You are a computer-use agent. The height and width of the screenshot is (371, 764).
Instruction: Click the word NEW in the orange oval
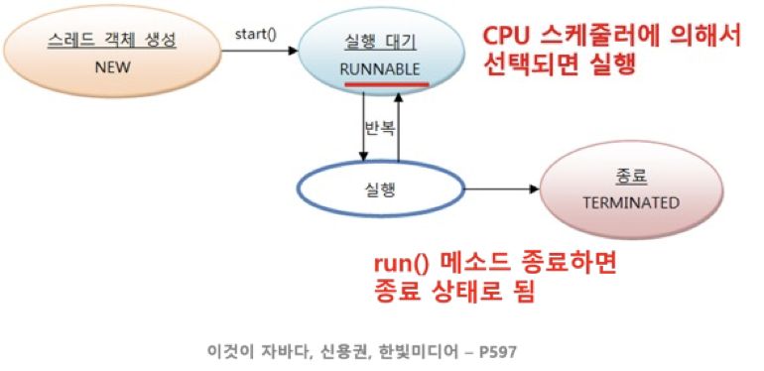coord(112,69)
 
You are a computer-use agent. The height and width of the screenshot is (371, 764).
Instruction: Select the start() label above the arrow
coord(255,35)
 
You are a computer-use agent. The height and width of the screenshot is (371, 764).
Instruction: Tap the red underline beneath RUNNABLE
coord(387,84)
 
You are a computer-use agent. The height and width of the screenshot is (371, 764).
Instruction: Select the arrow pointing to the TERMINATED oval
coord(501,187)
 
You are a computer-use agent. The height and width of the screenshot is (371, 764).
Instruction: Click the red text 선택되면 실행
coord(558,64)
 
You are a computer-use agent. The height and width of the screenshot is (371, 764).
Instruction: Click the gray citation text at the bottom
coord(360,351)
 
